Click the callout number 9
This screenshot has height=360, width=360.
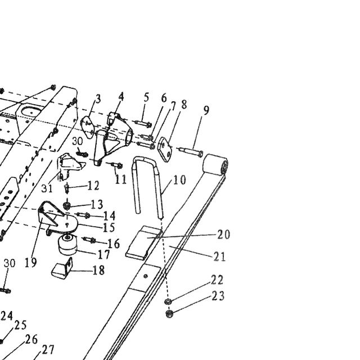tap(206, 110)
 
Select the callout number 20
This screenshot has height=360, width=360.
tap(224, 235)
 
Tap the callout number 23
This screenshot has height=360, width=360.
tap(218, 296)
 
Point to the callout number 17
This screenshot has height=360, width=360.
tap(104, 255)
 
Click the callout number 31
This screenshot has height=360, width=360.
tap(47, 188)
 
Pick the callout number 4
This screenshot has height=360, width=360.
tap(121, 97)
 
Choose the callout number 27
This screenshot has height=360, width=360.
tap(48, 350)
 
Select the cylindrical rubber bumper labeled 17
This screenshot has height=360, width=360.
tap(67, 245)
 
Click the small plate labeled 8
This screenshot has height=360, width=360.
tap(165, 149)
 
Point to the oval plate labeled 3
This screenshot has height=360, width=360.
tap(88, 127)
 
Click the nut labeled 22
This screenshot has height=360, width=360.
tap(168, 301)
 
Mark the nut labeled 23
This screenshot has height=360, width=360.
tap(169, 313)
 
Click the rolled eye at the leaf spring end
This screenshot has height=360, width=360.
tap(215, 164)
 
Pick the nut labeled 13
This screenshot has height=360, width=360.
tap(66, 205)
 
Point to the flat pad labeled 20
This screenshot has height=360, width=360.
tap(143, 242)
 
